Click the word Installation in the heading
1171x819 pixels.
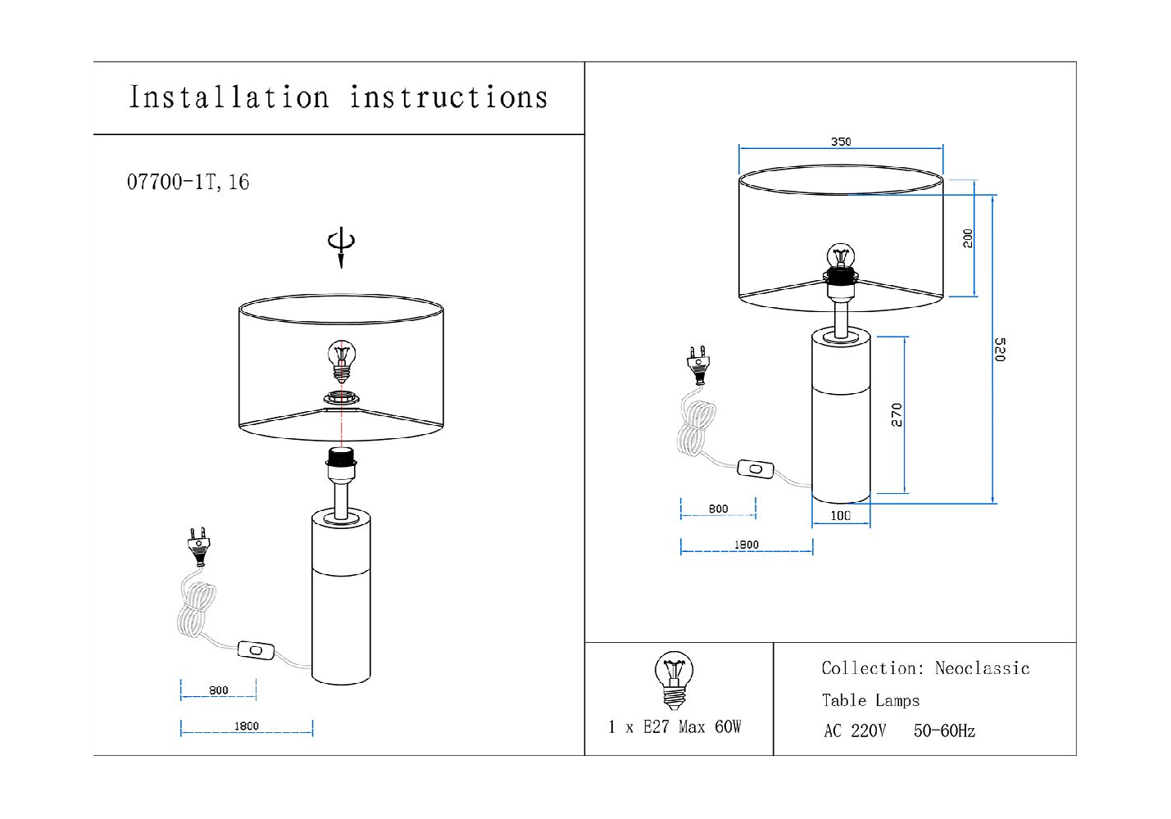[x=229, y=97]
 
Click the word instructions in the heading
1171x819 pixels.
[x=448, y=97]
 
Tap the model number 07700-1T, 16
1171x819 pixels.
[x=188, y=182]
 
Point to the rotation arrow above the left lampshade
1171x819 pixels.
[x=341, y=247]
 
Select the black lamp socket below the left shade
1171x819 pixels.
[x=340, y=458]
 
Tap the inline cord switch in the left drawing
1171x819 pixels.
[x=256, y=650]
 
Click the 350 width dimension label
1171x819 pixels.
[x=841, y=142]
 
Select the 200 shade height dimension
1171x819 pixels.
[x=968, y=238]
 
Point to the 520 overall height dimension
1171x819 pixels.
[x=1000, y=349]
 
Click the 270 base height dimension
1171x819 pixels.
[x=897, y=414]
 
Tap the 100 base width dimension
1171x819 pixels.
[x=841, y=516]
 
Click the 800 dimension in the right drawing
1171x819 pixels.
[x=718, y=509]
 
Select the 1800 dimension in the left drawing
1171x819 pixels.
[x=246, y=726]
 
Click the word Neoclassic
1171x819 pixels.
[x=982, y=668]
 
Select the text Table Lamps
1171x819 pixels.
[x=870, y=700]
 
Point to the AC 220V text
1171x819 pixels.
[x=855, y=731]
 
